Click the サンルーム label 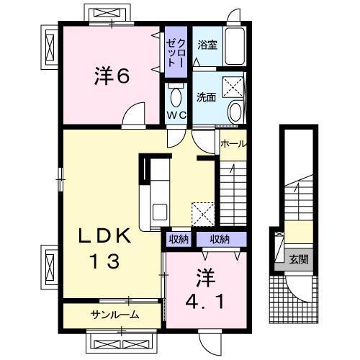(x=114, y=315)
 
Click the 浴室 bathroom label (x=207, y=44)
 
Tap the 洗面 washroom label (x=207, y=97)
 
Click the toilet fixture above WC (x=177, y=94)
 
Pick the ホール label (x=232, y=143)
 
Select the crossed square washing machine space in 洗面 (x=233, y=86)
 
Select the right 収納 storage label (x=220, y=239)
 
